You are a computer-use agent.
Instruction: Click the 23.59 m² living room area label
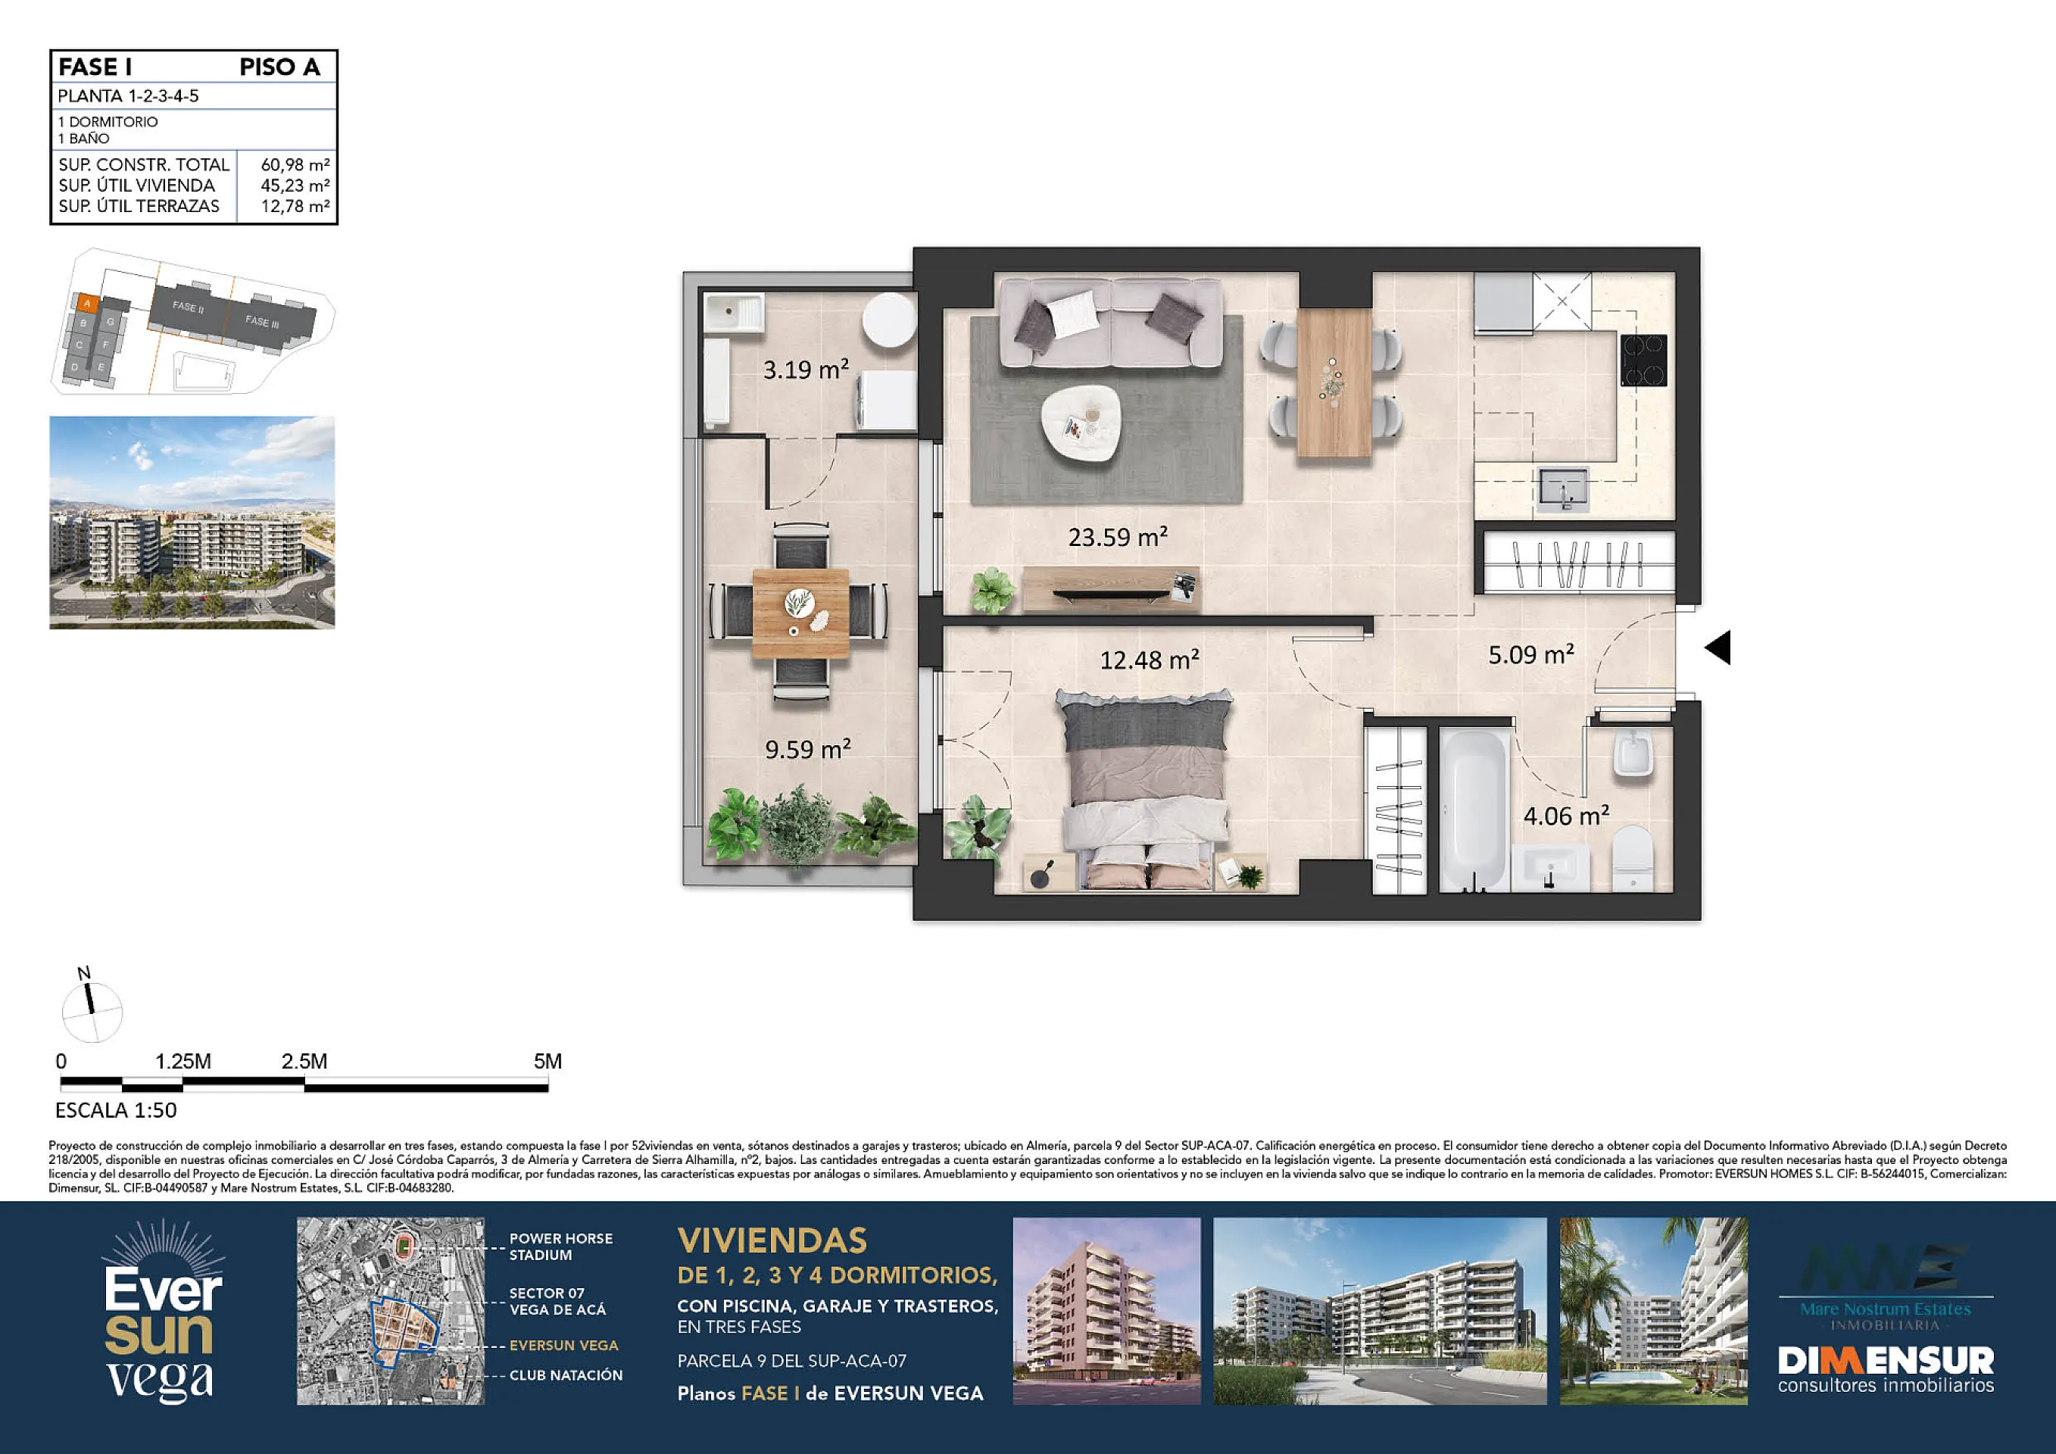[1118, 537]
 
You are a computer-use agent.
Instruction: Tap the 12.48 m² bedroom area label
[1150, 660]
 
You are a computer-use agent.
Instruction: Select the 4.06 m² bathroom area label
[1566, 816]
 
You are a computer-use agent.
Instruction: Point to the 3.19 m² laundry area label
[806, 369]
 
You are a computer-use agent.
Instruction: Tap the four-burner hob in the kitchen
[1644, 360]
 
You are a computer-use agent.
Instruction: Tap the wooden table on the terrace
[800, 613]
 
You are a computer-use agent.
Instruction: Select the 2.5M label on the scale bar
[304, 1061]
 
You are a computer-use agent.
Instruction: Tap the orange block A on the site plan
[87, 304]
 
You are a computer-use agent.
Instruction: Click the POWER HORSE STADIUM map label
[560, 1247]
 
